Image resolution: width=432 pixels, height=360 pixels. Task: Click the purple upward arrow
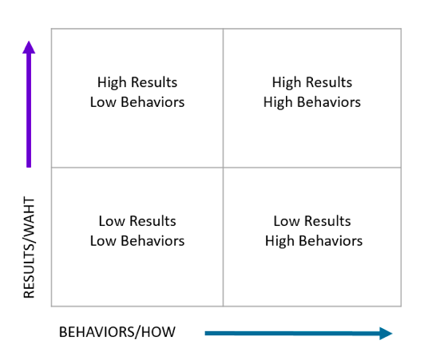click(x=29, y=104)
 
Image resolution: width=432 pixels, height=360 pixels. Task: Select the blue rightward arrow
click(x=299, y=334)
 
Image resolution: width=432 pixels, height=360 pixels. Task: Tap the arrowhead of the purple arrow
click(x=29, y=47)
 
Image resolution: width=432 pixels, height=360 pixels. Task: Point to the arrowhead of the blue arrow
click(x=386, y=334)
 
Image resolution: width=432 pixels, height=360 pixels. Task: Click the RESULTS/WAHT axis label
click(x=29, y=247)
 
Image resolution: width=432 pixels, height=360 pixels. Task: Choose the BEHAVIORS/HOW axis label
click(x=117, y=332)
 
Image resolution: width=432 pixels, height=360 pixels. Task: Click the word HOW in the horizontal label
click(x=158, y=332)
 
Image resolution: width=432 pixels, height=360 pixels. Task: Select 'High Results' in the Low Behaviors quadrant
click(x=137, y=82)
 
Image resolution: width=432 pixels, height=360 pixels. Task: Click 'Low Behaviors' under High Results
click(x=137, y=102)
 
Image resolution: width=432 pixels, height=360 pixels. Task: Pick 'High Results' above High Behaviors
click(x=312, y=82)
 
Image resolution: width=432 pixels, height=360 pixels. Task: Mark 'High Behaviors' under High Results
click(x=312, y=102)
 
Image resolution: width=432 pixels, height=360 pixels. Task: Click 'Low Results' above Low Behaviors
click(x=137, y=221)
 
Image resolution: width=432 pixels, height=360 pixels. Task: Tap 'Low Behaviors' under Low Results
click(x=137, y=241)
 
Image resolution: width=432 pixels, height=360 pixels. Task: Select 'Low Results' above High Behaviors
click(x=312, y=221)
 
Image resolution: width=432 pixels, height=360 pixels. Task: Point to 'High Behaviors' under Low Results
click(x=314, y=241)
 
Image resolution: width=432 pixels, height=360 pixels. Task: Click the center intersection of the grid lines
click(x=223, y=167)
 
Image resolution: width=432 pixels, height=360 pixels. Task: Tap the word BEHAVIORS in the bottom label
click(x=97, y=332)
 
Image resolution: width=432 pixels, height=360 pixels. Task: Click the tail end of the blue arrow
click(x=205, y=334)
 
